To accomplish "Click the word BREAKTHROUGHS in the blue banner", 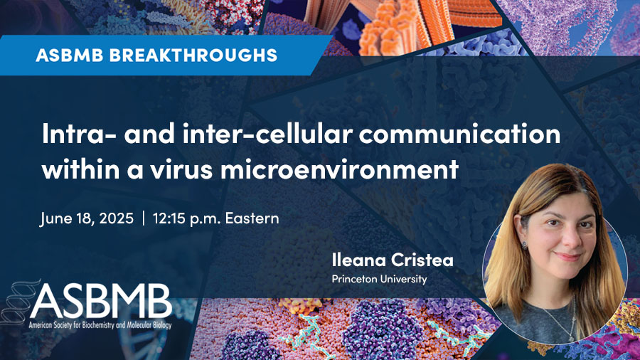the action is point(193,55).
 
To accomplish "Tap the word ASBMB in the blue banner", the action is point(70,55).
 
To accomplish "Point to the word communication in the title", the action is point(459,134).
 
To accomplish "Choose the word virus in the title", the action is point(181,169).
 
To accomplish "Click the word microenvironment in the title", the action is point(340,169).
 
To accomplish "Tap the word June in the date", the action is point(54,219).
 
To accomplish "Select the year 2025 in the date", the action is point(117,218).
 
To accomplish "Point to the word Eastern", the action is point(252,218).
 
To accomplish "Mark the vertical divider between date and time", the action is point(143,218).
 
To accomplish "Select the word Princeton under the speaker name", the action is point(354,279).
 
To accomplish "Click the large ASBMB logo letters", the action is point(101,301).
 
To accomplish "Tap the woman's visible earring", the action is point(525,245).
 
